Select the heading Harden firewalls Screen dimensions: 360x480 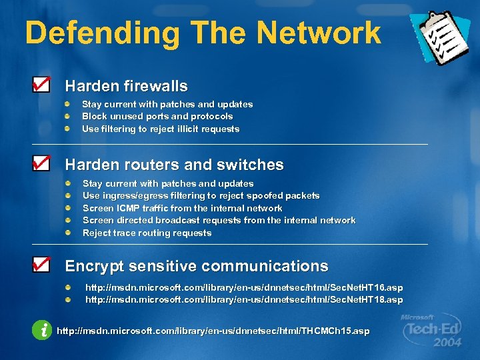click(x=126, y=86)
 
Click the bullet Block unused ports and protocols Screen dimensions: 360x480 click(x=157, y=116)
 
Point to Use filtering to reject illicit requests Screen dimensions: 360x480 click(x=160, y=129)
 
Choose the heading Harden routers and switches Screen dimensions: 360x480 click(x=174, y=165)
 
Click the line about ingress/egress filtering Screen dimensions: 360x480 click(x=201, y=195)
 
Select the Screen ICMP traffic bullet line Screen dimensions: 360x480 click(x=182, y=208)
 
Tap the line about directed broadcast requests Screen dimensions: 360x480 click(x=219, y=220)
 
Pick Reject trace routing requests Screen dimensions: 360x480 click(x=147, y=233)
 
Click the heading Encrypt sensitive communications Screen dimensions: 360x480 click(x=196, y=266)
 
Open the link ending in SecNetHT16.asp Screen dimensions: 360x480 click(x=244, y=287)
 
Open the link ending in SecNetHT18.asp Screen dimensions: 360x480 click(x=244, y=299)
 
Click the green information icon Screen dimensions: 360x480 click(x=41, y=329)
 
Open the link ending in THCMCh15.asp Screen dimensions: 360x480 click(x=213, y=331)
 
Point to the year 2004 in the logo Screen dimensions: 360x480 click(x=447, y=343)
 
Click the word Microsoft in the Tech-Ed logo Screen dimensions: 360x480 click(x=417, y=317)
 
